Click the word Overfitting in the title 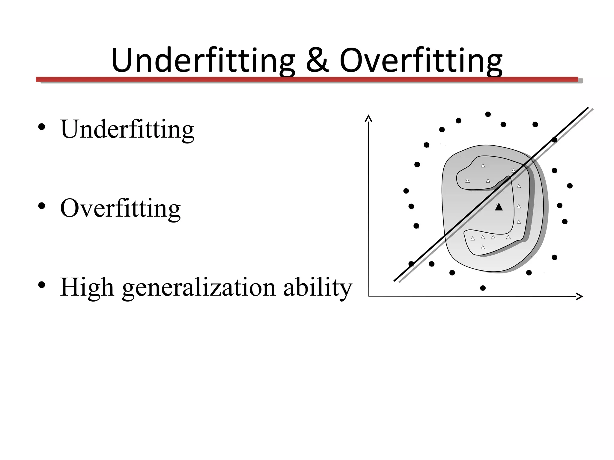(421, 60)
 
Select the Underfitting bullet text (127, 129)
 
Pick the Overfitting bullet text (121, 208)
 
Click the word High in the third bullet (87, 287)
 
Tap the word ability (317, 287)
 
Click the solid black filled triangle (499, 207)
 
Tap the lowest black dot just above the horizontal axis (483, 288)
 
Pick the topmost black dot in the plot (488, 114)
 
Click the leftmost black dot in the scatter (406, 191)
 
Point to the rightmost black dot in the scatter (570, 186)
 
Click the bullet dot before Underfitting (42, 127)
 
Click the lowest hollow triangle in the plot (483, 247)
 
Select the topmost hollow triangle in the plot (483, 165)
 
